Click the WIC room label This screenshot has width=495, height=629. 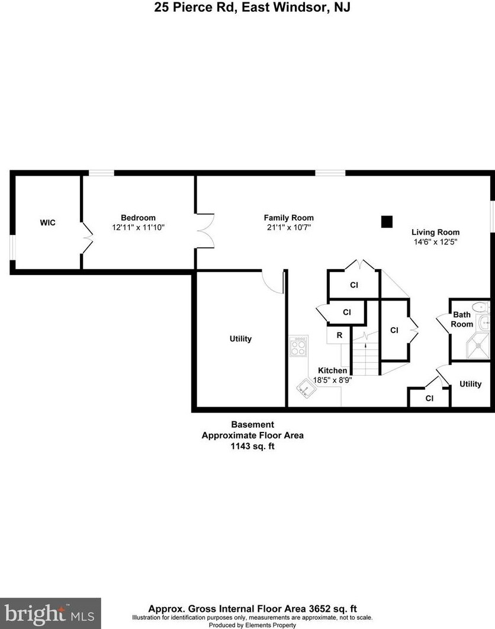tap(47, 222)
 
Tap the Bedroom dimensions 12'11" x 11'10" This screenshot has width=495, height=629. tap(138, 227)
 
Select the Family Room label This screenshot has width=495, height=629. tap(288, 218)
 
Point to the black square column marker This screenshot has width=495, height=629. tap(387, 222)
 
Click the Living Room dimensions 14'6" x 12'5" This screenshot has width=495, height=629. tap(435, 241)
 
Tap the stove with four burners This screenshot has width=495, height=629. tap(298, 345)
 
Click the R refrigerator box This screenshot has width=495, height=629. tap(339, 335)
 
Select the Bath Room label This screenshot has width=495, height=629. tap(462, 320)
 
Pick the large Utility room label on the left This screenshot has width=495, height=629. tap(240, 339)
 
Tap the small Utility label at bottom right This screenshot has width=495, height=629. tap(471, 384)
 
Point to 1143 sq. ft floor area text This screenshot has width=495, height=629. tap(253, 447)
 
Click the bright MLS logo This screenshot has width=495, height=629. tap(50, 613)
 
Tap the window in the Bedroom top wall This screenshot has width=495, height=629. tap(101, 173)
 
